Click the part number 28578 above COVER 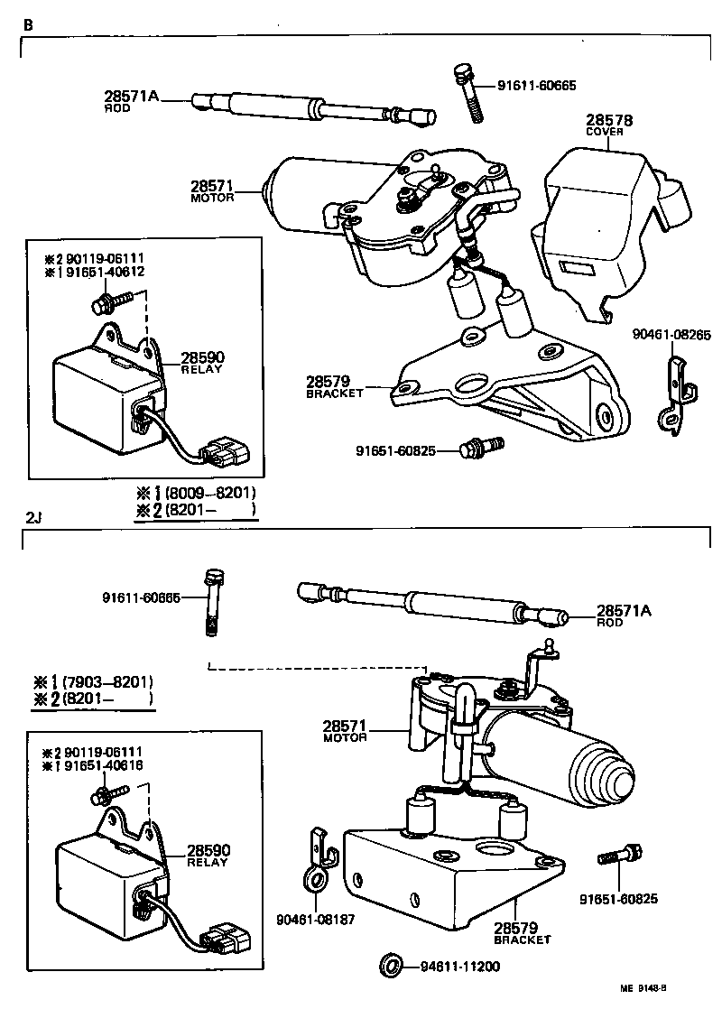click(609, 120)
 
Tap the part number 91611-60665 click(536, 86)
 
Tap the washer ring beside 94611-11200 click(392, 966)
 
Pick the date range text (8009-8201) click(210, 494)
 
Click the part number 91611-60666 click(141, 597)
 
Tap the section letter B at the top click(28, 24)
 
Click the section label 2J click(34, 518)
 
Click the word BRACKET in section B click(335, 393)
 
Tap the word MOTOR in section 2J click(345, 737)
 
